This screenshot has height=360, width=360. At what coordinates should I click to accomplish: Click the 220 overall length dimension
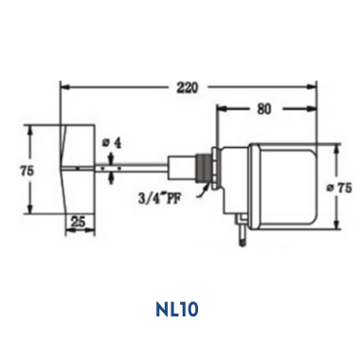188,87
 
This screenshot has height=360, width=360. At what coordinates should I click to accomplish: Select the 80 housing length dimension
264,109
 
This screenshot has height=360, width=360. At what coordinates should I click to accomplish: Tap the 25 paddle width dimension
79,223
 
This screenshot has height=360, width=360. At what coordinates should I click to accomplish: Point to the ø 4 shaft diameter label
112,143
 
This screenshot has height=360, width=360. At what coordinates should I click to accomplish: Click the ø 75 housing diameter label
339,189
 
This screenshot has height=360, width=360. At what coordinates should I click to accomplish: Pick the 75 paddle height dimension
27,171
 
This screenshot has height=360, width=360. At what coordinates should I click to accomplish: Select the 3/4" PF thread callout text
161,198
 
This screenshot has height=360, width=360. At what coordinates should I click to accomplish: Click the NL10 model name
177,309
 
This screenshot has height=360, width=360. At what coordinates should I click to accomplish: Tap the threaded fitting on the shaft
206,169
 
